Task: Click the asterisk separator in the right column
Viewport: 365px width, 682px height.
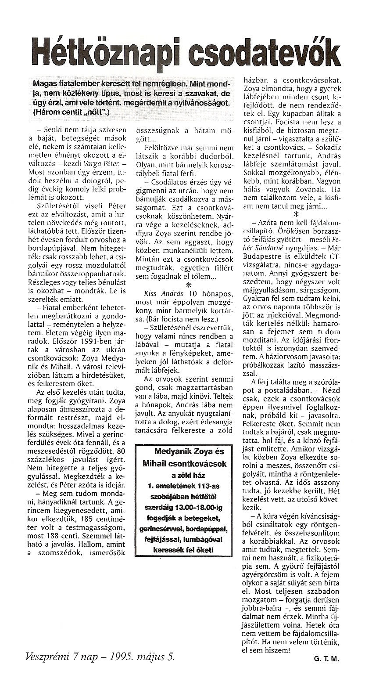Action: (296, 214)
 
